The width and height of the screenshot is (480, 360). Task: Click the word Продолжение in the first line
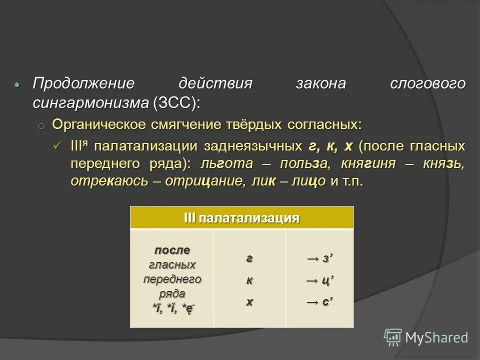coord(84,83)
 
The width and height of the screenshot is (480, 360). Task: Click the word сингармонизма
coord(90,103)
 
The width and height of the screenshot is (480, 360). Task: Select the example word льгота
coord(229,163)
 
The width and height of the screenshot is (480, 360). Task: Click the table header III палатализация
coord(241,218)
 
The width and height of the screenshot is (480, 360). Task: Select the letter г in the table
coord(249,259)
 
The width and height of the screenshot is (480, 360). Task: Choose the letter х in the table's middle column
coord(249,301)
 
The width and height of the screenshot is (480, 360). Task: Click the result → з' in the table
coord(319,259)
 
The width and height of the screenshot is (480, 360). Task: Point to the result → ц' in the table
coord(319,280)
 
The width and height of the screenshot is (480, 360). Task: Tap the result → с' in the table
coord(319,301)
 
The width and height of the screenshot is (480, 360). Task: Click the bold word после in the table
coord(172,250)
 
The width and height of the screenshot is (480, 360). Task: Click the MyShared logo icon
coord(393,337)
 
